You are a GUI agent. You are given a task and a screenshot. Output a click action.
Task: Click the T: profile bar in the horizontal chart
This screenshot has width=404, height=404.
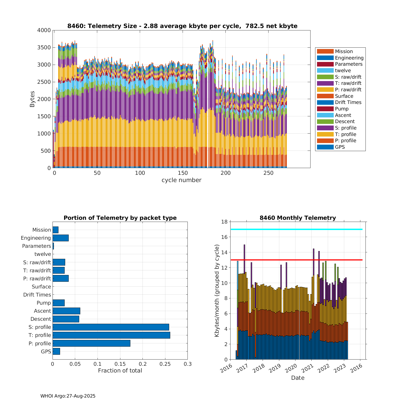[111, 335]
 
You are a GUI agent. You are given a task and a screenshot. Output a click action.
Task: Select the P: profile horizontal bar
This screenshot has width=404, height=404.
[91, 343]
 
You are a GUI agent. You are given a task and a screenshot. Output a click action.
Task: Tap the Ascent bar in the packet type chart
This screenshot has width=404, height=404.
[66, 311]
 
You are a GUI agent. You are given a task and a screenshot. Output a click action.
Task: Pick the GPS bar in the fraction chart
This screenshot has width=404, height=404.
[56, 351]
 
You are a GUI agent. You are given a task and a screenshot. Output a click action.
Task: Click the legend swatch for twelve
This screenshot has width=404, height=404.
[325, 71]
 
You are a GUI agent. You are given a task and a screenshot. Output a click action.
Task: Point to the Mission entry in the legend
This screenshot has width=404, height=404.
[344, 51]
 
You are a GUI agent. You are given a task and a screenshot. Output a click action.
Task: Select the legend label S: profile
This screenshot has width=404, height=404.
[346, 128]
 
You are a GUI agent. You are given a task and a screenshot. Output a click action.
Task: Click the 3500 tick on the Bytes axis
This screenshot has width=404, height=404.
[44, 48]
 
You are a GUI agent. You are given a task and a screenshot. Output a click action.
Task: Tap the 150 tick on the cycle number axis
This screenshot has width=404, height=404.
[183, 173]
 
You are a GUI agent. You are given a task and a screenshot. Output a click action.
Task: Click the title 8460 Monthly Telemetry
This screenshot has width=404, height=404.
[298, 218]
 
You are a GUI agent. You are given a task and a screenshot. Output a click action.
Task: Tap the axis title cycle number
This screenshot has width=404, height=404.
[181, 180]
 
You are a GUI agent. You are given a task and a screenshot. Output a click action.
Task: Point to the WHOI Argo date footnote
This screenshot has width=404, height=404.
[68, 396]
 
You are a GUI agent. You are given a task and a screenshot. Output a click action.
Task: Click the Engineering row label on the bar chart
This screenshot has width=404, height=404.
[36, 238]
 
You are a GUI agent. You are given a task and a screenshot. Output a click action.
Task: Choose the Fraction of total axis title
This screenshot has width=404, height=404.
[120, 371]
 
